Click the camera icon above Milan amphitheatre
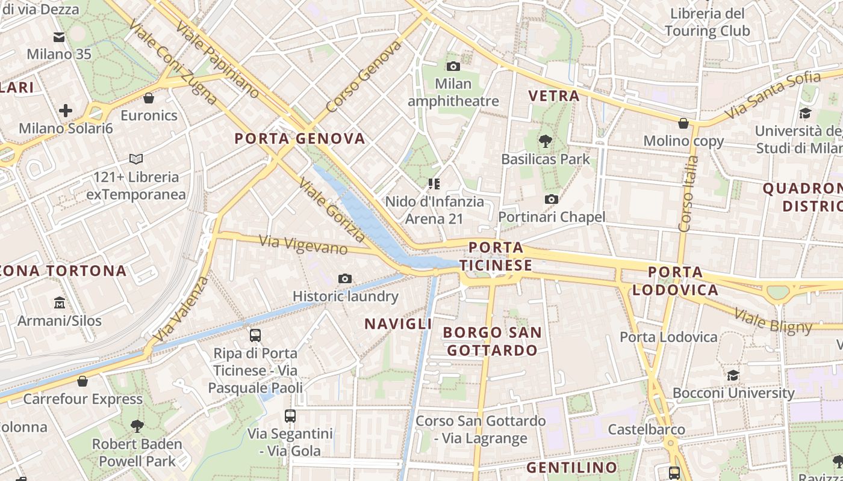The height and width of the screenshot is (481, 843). point(453,66)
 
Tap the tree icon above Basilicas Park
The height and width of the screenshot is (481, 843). point(546,141)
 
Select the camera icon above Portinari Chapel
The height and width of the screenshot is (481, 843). point(551,199)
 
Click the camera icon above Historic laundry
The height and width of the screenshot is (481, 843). point(345,278)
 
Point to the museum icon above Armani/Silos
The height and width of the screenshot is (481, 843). point(59,302)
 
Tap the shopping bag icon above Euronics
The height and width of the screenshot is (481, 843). point(149,98)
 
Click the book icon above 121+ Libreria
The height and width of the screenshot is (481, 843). point(136,159)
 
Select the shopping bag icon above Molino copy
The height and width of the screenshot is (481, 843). point(683,123)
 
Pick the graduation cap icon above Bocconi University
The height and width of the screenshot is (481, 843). point(733,376)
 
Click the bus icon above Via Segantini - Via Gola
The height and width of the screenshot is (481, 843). point(290,415)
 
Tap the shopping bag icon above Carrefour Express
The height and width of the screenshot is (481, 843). point(82,381)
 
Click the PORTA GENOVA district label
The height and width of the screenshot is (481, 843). point(300,139)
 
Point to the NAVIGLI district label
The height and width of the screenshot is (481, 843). point(398,323)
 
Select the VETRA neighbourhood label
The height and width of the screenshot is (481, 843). point(553,96)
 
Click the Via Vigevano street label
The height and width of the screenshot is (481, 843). point(303,245)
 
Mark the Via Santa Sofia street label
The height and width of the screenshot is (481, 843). point(773,95)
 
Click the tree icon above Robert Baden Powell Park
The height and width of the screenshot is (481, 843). point(137,426)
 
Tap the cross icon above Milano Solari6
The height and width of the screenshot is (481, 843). point(66,111)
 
